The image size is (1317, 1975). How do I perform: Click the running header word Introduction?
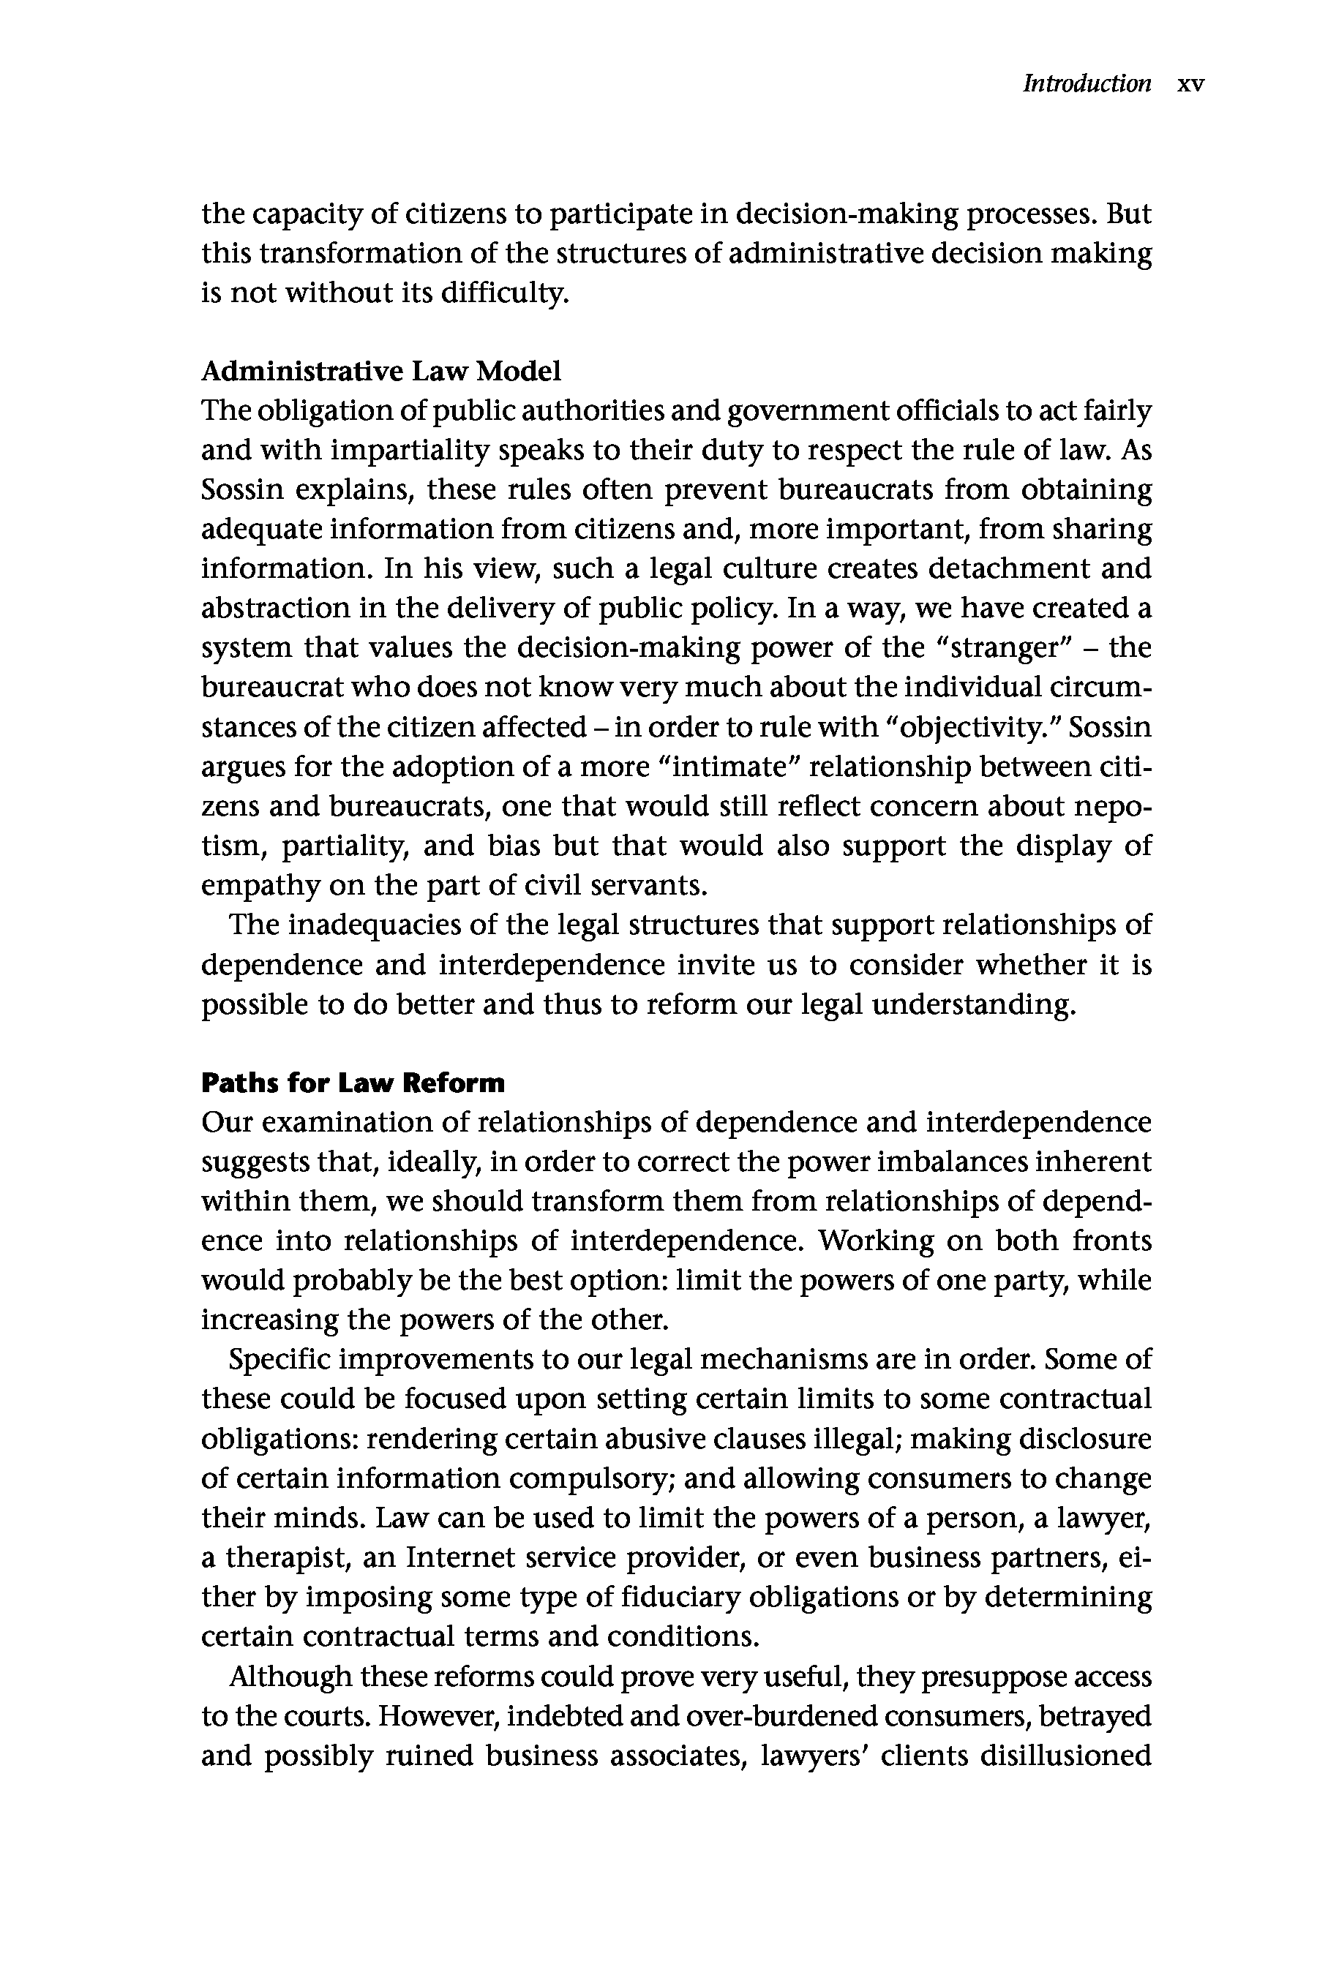pos(1086,84)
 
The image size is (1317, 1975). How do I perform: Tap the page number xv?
pos(1191,84)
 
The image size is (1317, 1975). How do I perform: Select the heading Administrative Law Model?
pos(380,370)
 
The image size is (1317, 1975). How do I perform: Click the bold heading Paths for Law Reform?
pos(353,1083)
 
